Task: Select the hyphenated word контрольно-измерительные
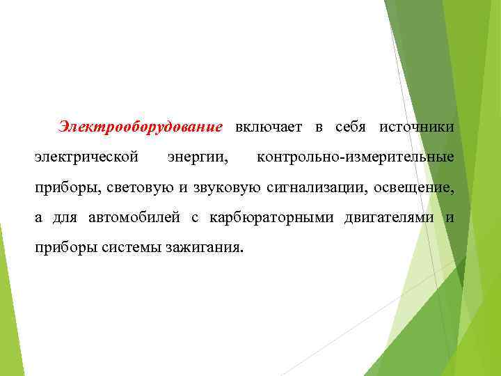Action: (355, 157)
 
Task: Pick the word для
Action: (65, 218)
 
